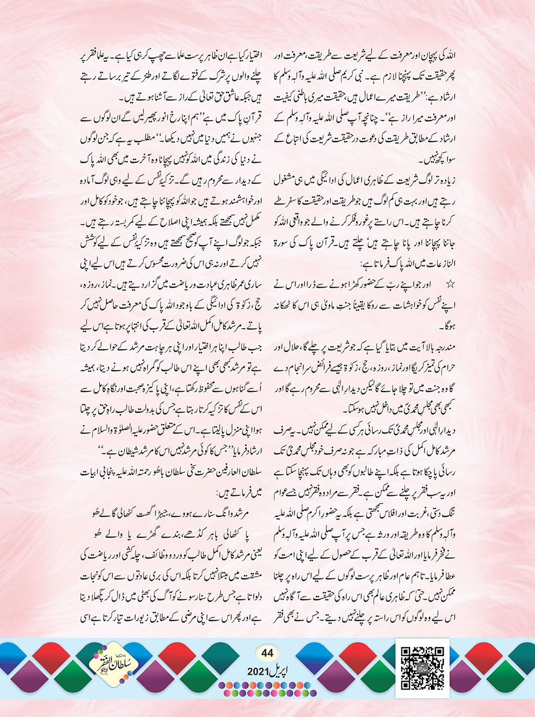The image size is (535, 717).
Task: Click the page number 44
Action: tap(267, 653)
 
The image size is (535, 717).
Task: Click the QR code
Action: tap(422, 667)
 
